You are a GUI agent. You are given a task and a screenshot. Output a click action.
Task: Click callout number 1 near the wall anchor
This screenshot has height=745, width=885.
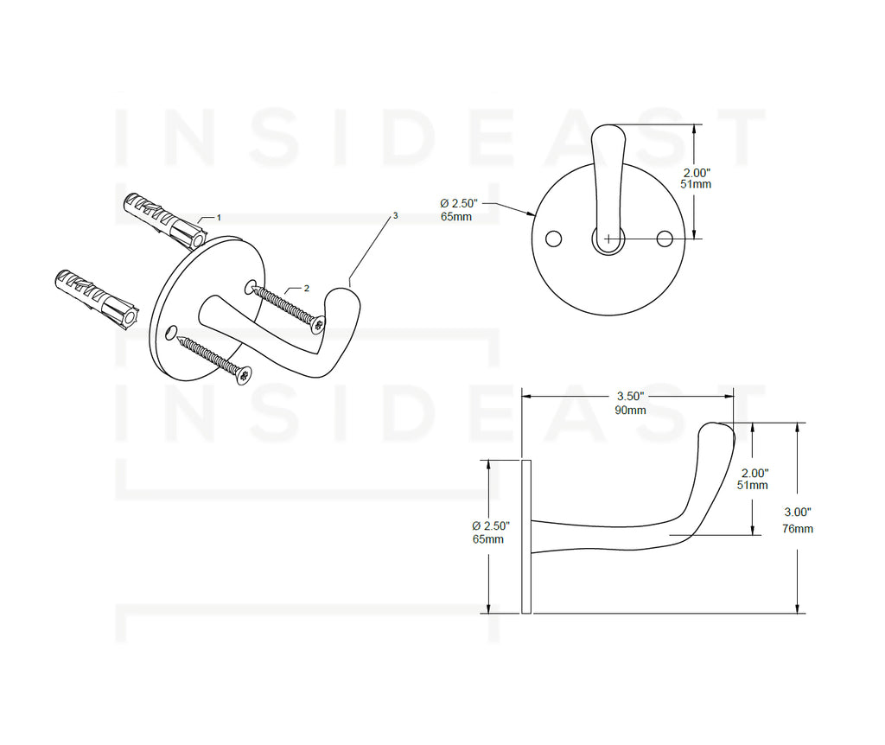pos(219,218)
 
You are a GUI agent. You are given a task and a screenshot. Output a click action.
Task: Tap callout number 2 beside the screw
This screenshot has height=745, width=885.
pos(307,289)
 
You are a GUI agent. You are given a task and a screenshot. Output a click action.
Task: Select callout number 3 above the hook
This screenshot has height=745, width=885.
pos(395,215)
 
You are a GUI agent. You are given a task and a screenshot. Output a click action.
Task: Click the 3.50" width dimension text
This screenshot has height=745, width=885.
pos(630,397)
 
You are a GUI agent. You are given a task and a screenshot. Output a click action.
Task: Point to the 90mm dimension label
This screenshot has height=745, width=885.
pos(630,411)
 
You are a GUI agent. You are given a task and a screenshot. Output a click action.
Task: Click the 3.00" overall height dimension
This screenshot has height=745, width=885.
pos(798,513)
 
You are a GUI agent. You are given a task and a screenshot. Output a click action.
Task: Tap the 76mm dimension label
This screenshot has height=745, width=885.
pos(798,529)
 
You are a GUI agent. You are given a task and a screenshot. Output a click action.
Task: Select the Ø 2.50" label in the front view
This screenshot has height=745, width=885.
pos(459,203)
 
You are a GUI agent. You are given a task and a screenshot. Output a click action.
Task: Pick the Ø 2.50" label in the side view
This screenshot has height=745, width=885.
pos(491,526)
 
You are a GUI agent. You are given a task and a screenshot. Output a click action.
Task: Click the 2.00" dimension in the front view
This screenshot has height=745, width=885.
pos(697,173)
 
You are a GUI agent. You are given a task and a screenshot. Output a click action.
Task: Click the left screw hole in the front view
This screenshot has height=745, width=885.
pos(554,239)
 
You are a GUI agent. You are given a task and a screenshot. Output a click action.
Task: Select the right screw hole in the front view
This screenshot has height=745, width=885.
pos(665,239)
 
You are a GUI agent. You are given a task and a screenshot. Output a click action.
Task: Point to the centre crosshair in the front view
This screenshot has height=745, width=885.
pos(608,239)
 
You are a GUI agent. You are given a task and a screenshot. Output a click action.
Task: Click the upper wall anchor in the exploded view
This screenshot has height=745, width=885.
pos(164,221)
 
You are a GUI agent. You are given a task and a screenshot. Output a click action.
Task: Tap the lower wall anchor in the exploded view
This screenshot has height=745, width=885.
pos(97,299)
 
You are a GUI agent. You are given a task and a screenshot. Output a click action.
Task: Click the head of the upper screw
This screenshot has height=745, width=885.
pos(319,324)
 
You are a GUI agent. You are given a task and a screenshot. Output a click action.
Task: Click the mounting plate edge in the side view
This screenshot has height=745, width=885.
pos(526,537)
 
